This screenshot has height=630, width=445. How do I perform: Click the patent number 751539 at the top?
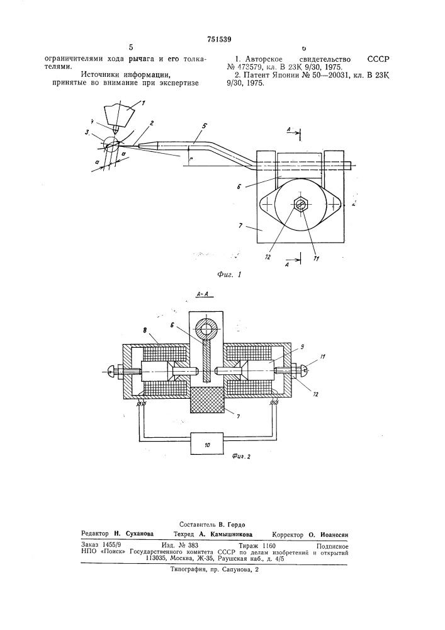[219, 39]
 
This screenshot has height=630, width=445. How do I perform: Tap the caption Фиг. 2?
[241, 457]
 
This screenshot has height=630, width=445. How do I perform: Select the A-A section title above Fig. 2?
[204, 294]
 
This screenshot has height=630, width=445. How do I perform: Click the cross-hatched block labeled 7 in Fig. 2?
[206, 400]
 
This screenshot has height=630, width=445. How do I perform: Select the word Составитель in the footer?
[198, 525]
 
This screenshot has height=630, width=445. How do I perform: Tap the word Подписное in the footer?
[332, 546]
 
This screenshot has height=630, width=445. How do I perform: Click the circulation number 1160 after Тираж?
[268, 546]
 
